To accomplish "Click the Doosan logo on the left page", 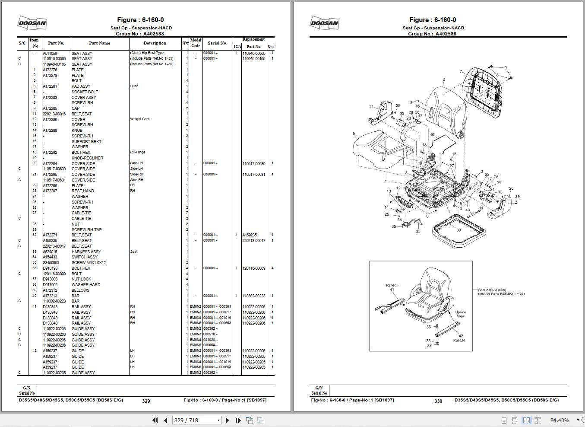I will [x=32, y=23].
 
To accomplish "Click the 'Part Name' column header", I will [x=99, y=43].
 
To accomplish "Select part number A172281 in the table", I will [x=50, y=86].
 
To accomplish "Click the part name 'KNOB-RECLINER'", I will [x=87, y=158].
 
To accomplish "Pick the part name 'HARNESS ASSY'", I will [x=86, y=252].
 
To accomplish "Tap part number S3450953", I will [x=51, y=263].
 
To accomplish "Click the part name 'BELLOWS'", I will [x=80, y=290].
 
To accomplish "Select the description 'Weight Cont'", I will [x=140, y=119].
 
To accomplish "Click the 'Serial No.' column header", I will [x=217, y=43].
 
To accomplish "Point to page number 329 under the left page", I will [x=146, y=401].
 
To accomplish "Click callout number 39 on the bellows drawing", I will [x=459, y=230].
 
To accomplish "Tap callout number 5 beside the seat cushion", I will [x=354, y=134].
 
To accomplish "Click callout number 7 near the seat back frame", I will [x=461, y=72].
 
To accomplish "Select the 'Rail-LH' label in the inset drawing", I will [x=459, y=341].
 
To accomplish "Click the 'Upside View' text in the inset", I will [x=460, y=314].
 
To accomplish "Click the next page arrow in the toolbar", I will [x=228, y=420].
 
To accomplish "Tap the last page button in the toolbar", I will [x=238, y=420].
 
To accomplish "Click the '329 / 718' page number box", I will [x=197, y=420].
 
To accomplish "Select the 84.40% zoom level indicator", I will [x=560, y=420].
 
